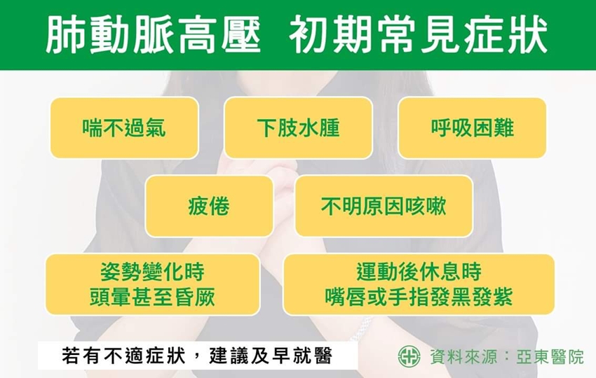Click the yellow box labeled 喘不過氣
[x=124, y=128]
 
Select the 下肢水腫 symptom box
[x=299, y=128]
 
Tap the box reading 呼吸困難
[x=472, y=128]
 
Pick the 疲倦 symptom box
[x=209, y=206]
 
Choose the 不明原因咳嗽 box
[x=384, y=206]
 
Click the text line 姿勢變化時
[x=152, y=272]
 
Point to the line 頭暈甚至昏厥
[x=152, y=297]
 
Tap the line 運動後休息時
[x=419, y=272]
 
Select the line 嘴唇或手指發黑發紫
[x=419, y=297]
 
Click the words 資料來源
[x=463, y=357]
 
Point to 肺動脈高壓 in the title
[x=153, y=35]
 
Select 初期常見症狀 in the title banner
[x=418, y=35]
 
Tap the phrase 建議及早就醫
[x=271, y=356]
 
